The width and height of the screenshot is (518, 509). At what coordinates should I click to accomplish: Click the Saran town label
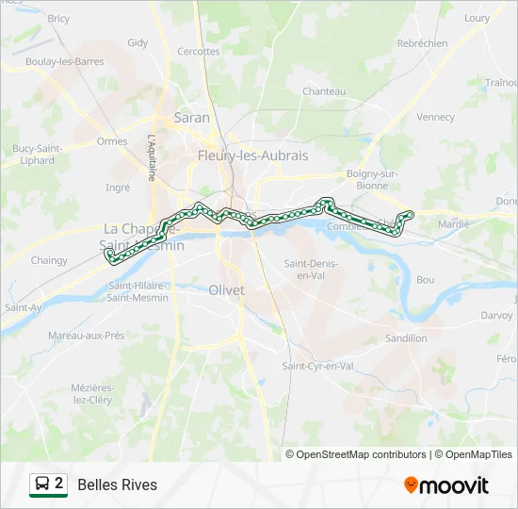coord(192,118)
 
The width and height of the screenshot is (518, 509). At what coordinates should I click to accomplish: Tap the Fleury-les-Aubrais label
coord(252,156)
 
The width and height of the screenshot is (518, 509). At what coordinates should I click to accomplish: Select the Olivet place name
coord(226,290)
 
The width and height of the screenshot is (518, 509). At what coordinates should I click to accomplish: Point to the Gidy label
coord(138,42)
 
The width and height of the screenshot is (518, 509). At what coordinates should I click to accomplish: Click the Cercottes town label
coord(198,52)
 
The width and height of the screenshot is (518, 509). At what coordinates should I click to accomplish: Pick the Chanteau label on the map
coord(324,91)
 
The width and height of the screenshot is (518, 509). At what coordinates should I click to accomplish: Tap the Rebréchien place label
coord(422,43)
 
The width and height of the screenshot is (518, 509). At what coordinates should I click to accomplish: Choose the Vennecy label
coord(435,118)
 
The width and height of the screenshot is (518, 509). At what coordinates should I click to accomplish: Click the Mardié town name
coord(454,224)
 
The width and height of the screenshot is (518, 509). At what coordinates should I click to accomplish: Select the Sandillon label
coord(406,337)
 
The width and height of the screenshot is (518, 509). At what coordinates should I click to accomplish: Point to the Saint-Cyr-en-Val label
coord(318,366)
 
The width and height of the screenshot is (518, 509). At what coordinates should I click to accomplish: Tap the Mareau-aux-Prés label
coord(87,335)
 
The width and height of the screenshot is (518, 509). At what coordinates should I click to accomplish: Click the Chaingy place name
coord(49,260)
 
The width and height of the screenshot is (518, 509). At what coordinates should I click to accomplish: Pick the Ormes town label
coord(112,141)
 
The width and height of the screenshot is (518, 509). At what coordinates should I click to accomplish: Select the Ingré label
coord(118,188)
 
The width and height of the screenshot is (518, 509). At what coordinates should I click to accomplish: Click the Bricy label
coord(58,18)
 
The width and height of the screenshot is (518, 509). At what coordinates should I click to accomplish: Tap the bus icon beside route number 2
coord(42,484)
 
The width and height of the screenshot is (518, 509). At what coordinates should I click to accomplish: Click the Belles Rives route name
coord(118,484)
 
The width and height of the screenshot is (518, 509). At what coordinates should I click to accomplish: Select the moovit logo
coord(446,485)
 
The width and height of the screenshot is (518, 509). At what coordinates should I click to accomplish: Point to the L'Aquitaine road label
coord(151,156)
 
